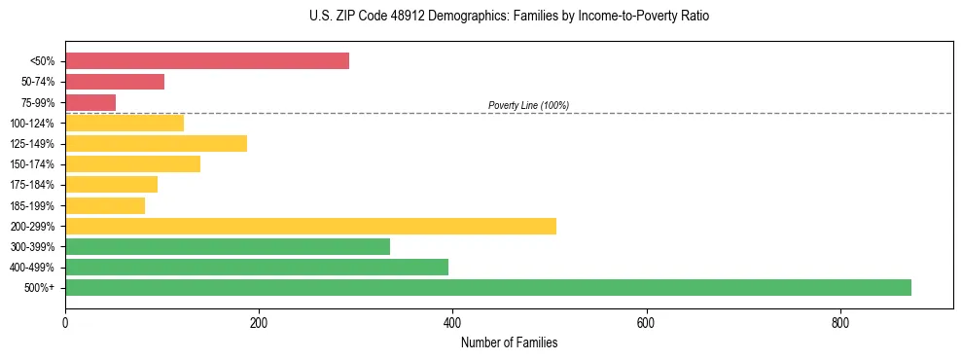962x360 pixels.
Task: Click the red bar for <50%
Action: tap(206, 61)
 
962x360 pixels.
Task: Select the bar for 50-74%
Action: tap(115, 82)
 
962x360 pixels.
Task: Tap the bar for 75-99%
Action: tap(90, 102)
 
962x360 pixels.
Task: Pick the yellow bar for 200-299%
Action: tap(310, 226)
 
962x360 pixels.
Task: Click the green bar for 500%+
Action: tap(487, 287)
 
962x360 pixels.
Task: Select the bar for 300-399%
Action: tap(228, 246)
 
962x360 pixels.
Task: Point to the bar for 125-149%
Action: tap(156, 143)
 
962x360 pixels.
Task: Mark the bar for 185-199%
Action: tap(105, 205)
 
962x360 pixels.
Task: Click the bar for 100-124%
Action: tap(125, 123)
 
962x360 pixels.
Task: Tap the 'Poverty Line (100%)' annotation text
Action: tap(528, 105)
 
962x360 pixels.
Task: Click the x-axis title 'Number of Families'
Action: tap(509, 342)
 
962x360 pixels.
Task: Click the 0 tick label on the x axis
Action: tap(65, 322)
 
